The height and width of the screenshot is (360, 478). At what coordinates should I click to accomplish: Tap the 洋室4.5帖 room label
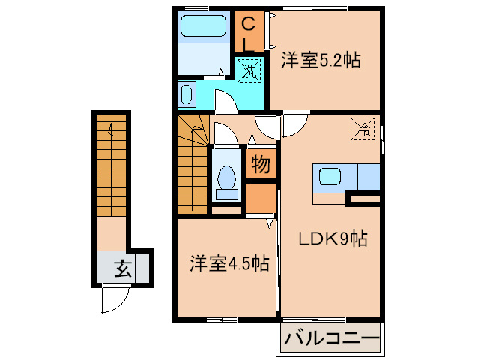tap(229, 263)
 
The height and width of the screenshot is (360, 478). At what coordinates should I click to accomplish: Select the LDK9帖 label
tap(333, 240)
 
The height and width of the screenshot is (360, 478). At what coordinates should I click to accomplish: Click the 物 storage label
tap(259, 164)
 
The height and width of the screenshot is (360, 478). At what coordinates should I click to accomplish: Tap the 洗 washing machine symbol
tap(249, 72)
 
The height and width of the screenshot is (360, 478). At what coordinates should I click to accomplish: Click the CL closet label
tap(250, 33)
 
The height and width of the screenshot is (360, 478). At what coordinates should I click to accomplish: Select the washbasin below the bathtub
tap(187, 95)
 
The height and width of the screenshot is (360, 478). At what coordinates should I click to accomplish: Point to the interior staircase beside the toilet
tap(192, 161)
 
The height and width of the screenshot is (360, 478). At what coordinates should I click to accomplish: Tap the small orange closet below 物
tap(260, 198)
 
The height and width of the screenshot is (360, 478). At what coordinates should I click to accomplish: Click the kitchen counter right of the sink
tap(368, 177)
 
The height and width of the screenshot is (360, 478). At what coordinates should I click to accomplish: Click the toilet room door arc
tap(222, 135)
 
